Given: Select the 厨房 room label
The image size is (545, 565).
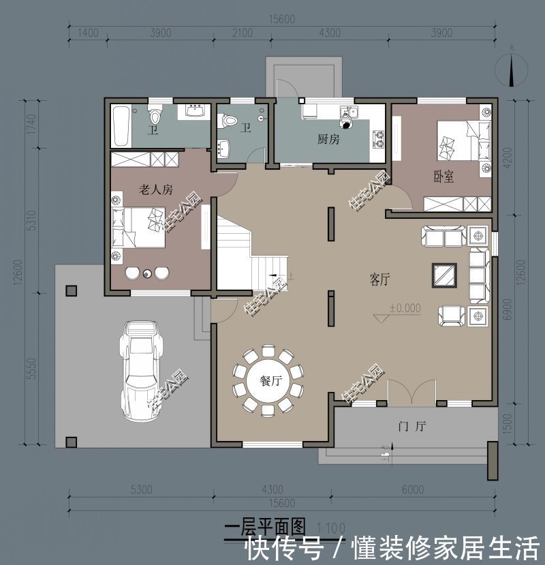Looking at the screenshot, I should (x=328, y=139).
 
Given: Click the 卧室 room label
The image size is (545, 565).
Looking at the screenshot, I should (x=443, y=177).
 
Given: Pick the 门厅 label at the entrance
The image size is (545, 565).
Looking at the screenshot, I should (x=411, y=427).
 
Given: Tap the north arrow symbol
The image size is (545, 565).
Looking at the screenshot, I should (x=512, y=68).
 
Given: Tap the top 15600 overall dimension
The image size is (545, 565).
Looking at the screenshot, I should (x=281, y=20).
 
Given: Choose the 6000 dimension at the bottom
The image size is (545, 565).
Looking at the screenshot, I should (x=412, y=489).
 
